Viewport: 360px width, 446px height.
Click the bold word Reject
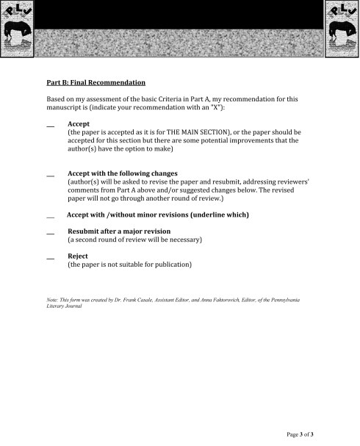[x=78, y=256]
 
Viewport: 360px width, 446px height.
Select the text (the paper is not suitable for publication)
[x=130, y=265]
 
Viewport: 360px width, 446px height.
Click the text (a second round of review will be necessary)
[x=134, y=240]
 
